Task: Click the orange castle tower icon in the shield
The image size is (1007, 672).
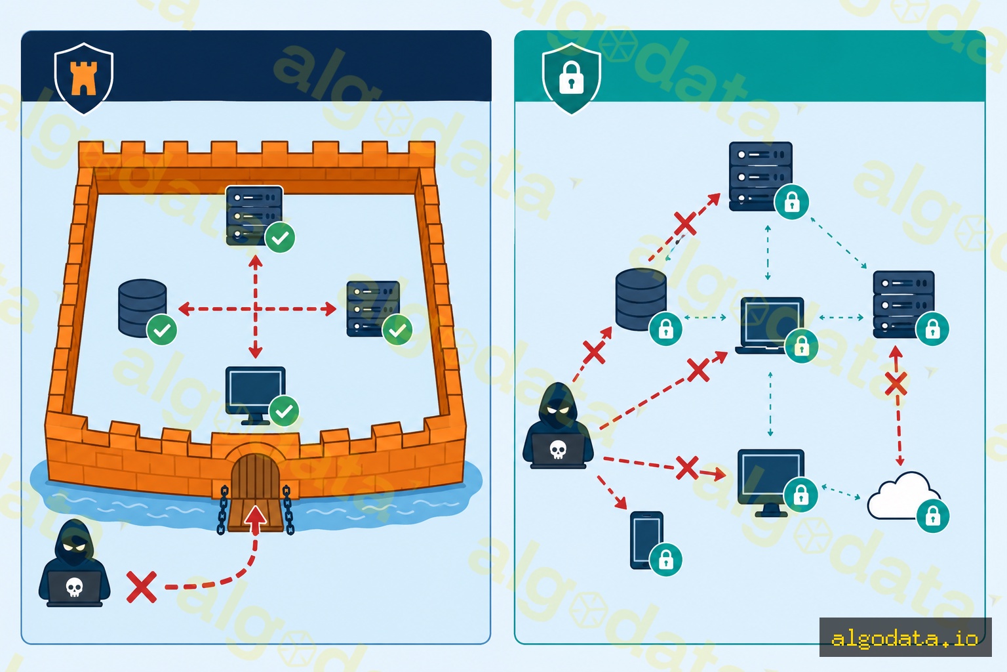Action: pos(83,78)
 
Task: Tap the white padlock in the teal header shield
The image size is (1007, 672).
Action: pos(571,78)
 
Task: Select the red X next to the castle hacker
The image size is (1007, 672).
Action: pos(142,587)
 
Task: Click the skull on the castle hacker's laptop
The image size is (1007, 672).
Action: pos(74,587)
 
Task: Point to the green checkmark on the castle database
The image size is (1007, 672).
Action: pos(162,330)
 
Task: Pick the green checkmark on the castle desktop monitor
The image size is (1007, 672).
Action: pos(284,411)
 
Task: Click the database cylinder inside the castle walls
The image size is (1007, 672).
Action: pos(142,308)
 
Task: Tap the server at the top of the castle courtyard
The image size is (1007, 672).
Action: pos(254,215)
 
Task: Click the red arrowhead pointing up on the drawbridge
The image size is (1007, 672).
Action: pos(256,515)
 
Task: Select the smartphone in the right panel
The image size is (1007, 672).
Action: pos(646,540)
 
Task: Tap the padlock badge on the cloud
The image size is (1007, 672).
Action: pos(933,516)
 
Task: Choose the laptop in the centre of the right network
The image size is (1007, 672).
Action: pos(770,325)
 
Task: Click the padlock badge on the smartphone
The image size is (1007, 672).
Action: pos(666,560)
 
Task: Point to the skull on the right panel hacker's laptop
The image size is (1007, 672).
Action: pos(558,450)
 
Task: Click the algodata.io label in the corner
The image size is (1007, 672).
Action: pos(905,637)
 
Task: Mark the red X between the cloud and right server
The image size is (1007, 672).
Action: pos(896,384)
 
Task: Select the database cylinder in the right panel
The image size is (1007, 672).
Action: pos(641,299)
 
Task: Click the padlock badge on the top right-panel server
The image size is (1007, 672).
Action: pos(792,202)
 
